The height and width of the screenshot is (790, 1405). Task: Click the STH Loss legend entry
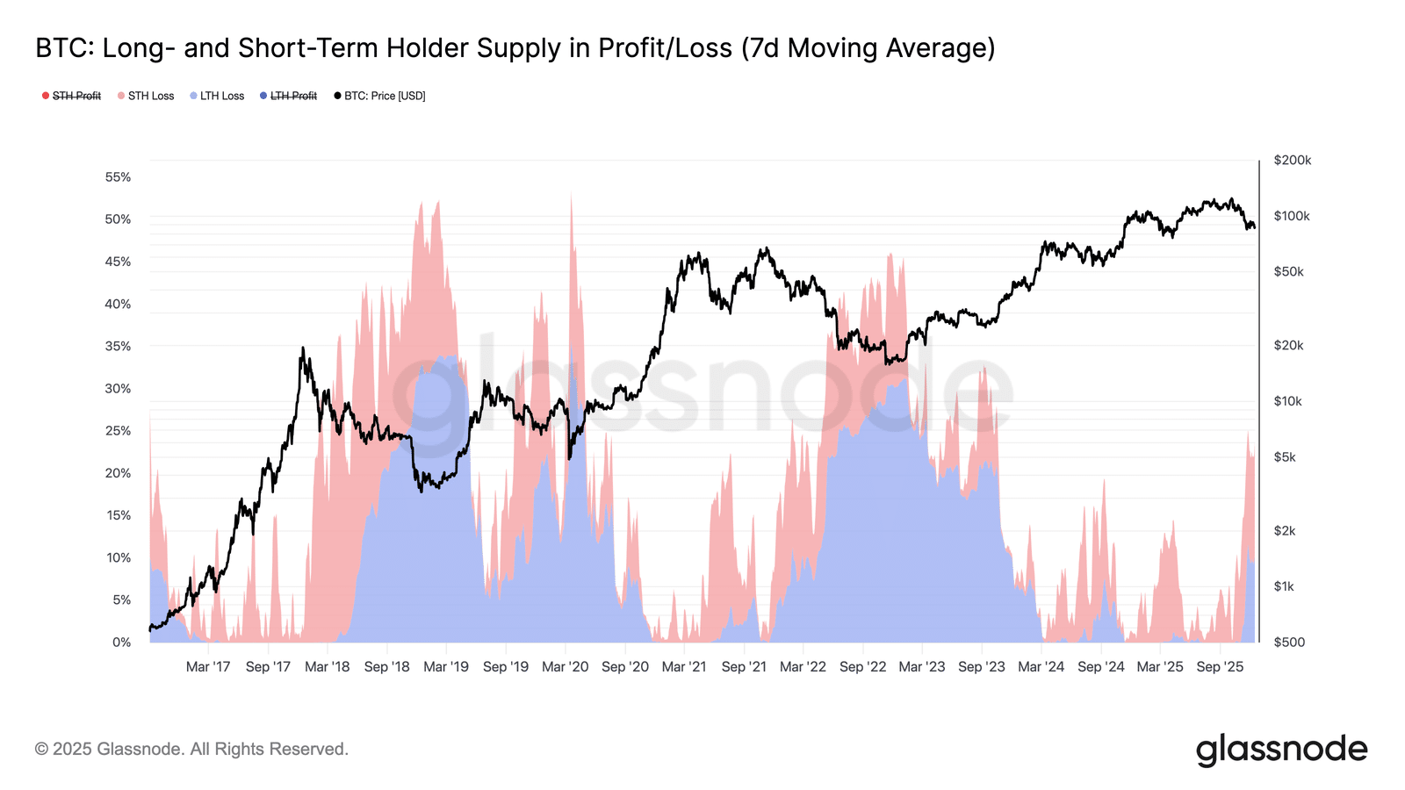coord(150,96)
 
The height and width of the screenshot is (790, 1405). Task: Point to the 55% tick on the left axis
coord(118,177)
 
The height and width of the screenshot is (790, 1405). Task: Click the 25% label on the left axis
coord(118,431)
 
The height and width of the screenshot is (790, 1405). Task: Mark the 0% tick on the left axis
coord(122,643)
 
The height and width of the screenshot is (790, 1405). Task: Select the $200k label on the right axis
coord(1293,161)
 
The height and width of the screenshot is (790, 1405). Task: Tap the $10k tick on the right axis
coord(1288,401)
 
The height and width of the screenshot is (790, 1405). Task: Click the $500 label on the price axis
coord(1289,643)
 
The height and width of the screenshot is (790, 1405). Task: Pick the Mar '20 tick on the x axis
coord(566,667)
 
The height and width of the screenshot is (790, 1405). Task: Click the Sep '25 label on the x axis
coord(1220,667)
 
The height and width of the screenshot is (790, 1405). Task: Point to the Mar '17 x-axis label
coord(208,667)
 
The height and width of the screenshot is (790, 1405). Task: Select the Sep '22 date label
coord(863,667)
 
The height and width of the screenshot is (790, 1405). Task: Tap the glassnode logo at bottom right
coord(1281,750)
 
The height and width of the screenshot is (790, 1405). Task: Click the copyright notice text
coord(191,750)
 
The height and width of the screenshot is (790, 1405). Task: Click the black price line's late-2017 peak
coord(303,348)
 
